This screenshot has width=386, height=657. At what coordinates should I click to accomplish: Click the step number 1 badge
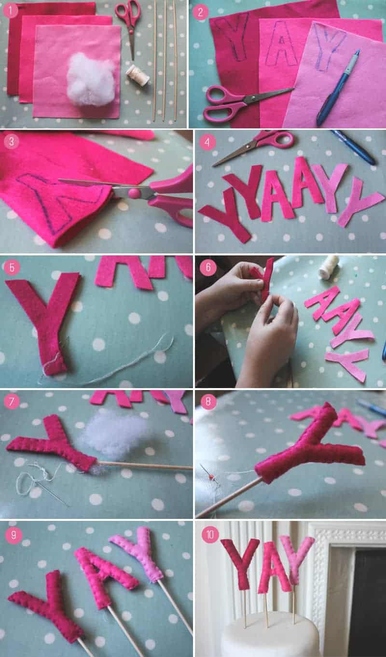point(11,11)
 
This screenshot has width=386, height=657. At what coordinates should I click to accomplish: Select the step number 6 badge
point(208,267)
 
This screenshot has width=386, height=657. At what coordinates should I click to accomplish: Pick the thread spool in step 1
point(138,75)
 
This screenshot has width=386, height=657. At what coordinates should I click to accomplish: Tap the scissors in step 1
point(129,27)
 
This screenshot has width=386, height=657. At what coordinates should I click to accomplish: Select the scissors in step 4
point(253,147)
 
